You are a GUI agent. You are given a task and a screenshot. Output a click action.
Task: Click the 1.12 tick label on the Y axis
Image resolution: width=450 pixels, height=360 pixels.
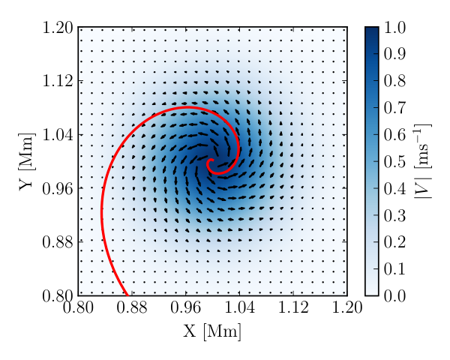(x=58, y=81)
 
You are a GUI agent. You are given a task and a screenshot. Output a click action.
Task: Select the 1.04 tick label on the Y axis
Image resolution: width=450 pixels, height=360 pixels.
(x=58, y=135)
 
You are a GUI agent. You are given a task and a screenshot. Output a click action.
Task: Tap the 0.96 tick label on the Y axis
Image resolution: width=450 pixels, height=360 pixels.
(x=58, y=188)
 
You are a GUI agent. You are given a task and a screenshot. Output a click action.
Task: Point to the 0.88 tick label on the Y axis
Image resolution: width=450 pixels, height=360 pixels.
(x=58, y=242)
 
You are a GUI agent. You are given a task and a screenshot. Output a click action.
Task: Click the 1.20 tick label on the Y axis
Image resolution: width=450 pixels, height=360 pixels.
(x=58, y=28)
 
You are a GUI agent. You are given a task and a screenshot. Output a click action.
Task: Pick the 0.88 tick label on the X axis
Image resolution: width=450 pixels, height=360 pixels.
(x=132, y=307)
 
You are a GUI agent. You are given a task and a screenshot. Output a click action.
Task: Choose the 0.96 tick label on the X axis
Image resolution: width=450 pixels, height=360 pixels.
(x=186, y=307)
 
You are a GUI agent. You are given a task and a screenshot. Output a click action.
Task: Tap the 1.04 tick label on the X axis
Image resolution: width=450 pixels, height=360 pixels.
(x=239, y=307)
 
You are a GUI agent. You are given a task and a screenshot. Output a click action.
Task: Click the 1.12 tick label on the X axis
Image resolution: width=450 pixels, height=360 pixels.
(x=293, y=307)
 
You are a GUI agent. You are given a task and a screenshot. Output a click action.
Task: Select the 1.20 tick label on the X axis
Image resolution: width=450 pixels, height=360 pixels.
(x=347, y=307)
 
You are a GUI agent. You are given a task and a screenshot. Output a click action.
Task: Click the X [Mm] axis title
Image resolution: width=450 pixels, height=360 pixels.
(x=212, y=331)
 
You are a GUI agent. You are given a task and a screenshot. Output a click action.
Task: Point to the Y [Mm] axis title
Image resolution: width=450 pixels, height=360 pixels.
(x=27, y=162)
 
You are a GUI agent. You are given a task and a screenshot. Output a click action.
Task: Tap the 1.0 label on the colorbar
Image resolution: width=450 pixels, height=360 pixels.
(x=394, y=28)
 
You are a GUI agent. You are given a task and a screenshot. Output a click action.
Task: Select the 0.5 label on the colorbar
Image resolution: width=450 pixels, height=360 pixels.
(x=394, y=162)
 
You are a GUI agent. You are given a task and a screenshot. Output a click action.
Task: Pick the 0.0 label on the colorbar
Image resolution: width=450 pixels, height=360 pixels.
(x=394, y=295)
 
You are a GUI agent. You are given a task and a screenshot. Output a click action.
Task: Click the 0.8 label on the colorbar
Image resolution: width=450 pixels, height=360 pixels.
(x=394, y=81)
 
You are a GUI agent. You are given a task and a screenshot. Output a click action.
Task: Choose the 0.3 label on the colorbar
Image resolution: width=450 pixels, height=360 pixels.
(x=394, y=215)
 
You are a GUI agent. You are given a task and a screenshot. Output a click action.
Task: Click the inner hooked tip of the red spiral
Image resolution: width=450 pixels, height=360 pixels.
(x=213, y=160)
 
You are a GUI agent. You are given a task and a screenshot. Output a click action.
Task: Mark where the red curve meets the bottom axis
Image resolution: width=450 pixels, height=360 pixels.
(x=127, y=295)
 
